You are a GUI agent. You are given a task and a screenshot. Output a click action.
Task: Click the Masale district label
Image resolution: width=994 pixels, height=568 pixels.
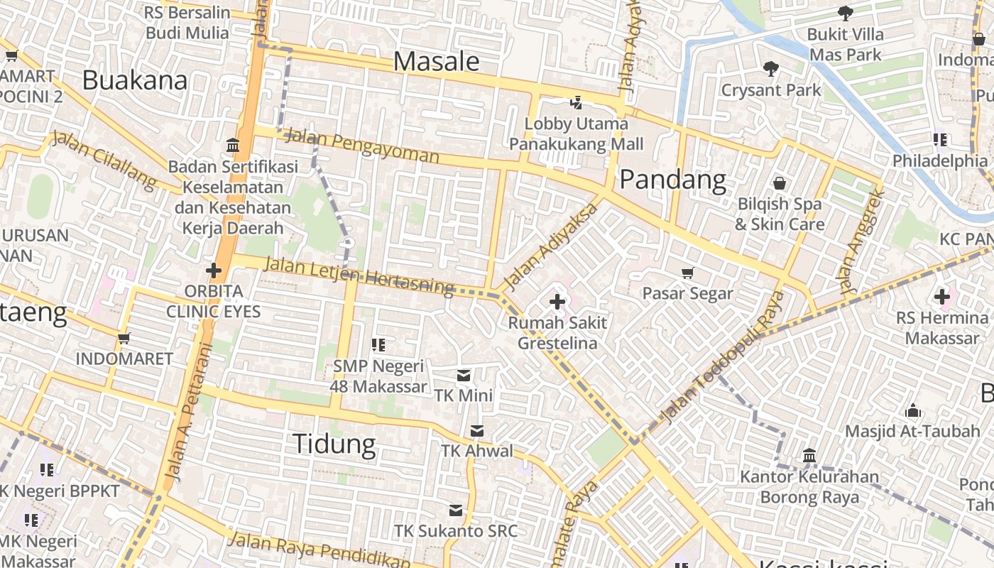(x=436, y=62)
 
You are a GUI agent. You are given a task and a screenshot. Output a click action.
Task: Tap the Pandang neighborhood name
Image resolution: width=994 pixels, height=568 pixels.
(x=672, y=180)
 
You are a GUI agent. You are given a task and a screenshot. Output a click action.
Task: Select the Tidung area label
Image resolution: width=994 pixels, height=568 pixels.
(x=334, y=444)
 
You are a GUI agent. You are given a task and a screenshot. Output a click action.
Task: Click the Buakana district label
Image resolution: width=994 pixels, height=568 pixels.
(x=135, y=80)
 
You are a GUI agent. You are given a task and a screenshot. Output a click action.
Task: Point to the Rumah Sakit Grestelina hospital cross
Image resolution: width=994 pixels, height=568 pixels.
(x=557, y=302)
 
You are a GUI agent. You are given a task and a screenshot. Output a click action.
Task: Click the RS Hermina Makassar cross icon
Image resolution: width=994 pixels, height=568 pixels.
(x=942, y=296)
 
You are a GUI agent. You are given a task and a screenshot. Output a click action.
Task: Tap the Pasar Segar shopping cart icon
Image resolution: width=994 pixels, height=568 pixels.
(x=687, y=273)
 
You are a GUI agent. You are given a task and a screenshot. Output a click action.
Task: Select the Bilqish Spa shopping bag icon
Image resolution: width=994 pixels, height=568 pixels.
(x=780, y=183)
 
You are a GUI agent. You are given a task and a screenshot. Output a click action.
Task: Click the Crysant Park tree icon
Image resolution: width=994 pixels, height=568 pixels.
(x=770, y=69)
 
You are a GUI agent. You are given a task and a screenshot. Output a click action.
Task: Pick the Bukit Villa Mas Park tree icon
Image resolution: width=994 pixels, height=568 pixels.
(x=845, y=13)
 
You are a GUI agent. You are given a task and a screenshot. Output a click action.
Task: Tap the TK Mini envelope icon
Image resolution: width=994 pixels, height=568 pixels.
(x=464, y=375)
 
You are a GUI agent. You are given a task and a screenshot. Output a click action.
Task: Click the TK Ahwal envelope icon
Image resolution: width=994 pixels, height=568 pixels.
(x=477, y=430)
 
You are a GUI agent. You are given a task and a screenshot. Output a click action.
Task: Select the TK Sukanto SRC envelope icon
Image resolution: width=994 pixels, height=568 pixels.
(x=456, y=510)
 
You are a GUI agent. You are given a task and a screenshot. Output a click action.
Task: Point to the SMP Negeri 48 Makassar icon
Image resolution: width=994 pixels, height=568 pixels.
(x=378, y=345)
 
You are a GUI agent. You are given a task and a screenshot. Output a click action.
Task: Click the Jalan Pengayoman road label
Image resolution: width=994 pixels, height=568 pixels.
(x=361, y=146)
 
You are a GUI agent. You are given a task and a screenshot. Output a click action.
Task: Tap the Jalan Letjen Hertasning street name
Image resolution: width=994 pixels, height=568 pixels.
(x=358, y=275)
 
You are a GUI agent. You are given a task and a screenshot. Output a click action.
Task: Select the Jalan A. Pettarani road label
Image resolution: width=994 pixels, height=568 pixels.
(x=187, y=412)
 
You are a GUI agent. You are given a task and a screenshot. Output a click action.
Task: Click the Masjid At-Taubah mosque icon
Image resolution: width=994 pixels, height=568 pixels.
(x=913, y=410)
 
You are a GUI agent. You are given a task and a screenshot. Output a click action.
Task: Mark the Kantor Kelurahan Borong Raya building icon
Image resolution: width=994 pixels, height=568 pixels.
(x=809, y=455)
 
